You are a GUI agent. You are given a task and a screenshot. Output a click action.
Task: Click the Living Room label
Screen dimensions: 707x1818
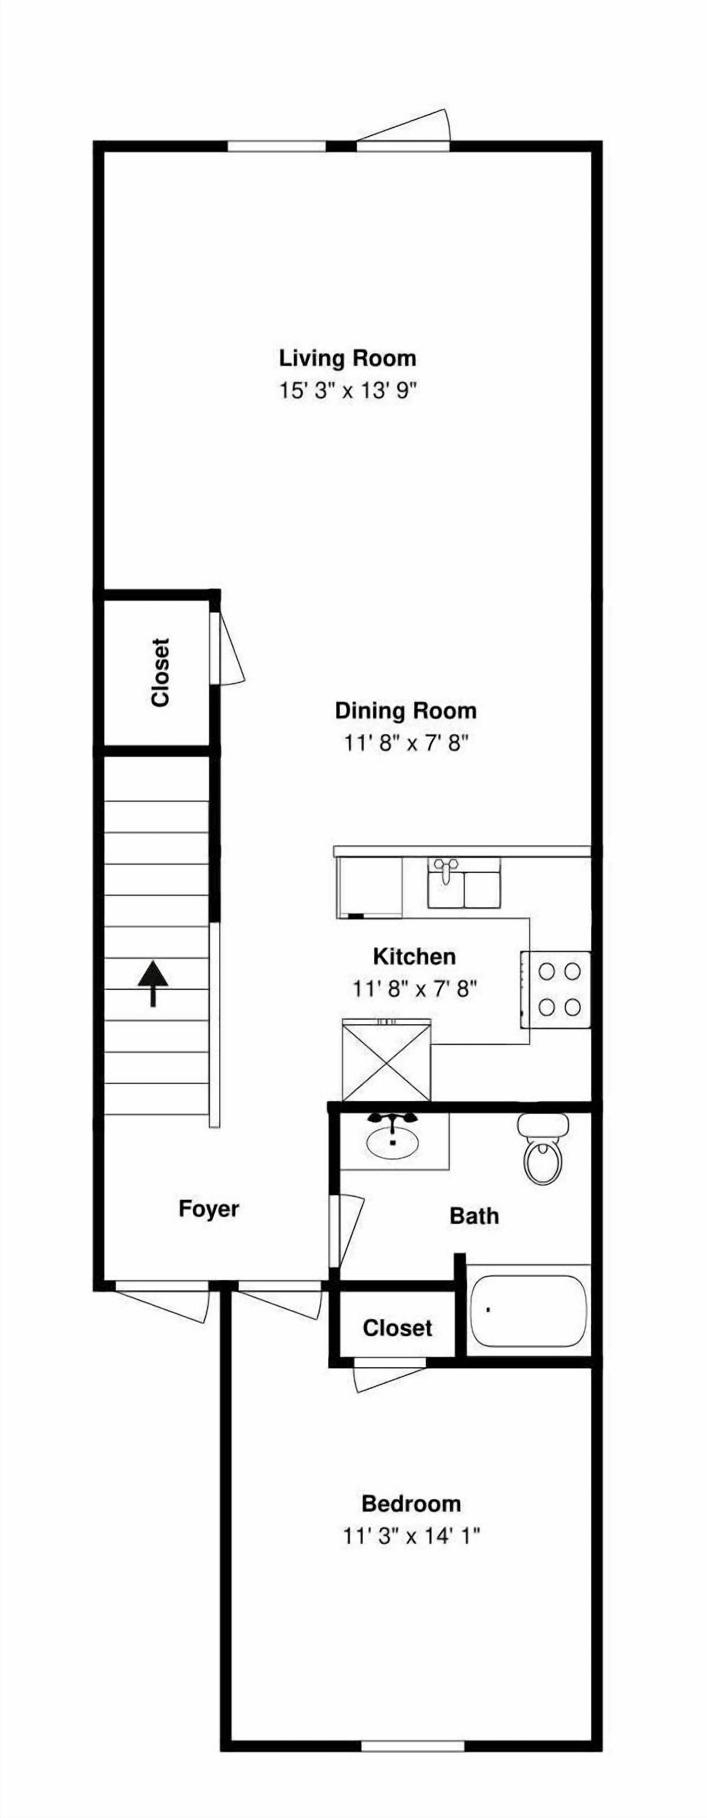click(x=347, y=358)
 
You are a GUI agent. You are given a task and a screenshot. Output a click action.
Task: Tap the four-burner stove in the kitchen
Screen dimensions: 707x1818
click(x=556, y=990)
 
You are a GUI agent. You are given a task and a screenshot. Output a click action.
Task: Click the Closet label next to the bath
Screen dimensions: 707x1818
click(x=397, y=1328)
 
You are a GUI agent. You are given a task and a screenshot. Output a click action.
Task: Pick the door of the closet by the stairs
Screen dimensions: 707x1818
click(x=228, y=648)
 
